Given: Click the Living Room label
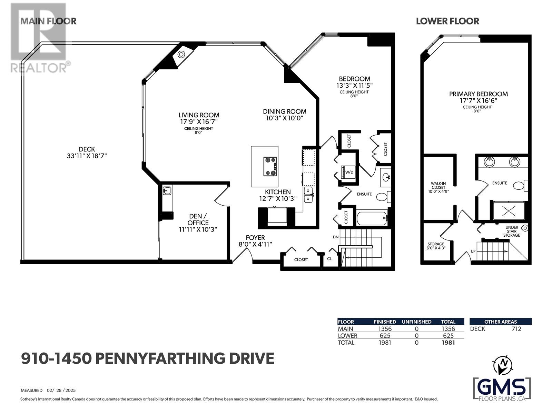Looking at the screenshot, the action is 199,115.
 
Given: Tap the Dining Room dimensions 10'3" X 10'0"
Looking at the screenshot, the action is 284,118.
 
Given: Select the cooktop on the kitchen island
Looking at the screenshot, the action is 270,166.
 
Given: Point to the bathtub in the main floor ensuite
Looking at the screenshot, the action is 372,219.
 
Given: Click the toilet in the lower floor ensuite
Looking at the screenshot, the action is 520,186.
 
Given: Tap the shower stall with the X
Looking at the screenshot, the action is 509,211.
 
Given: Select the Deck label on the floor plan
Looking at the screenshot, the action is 87,149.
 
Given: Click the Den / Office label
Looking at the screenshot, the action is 198,219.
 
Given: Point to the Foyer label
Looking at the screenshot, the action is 255,238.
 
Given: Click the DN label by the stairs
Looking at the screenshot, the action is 336,237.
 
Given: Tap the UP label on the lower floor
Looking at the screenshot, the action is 473,252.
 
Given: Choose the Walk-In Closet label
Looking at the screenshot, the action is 438,186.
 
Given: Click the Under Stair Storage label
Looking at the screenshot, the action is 512,231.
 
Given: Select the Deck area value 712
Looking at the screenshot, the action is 516,329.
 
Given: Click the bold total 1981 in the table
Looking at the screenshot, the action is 448,343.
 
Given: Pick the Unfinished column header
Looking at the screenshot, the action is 416,322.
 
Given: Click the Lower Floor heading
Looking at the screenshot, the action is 447,21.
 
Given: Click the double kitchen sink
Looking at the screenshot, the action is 308,195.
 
